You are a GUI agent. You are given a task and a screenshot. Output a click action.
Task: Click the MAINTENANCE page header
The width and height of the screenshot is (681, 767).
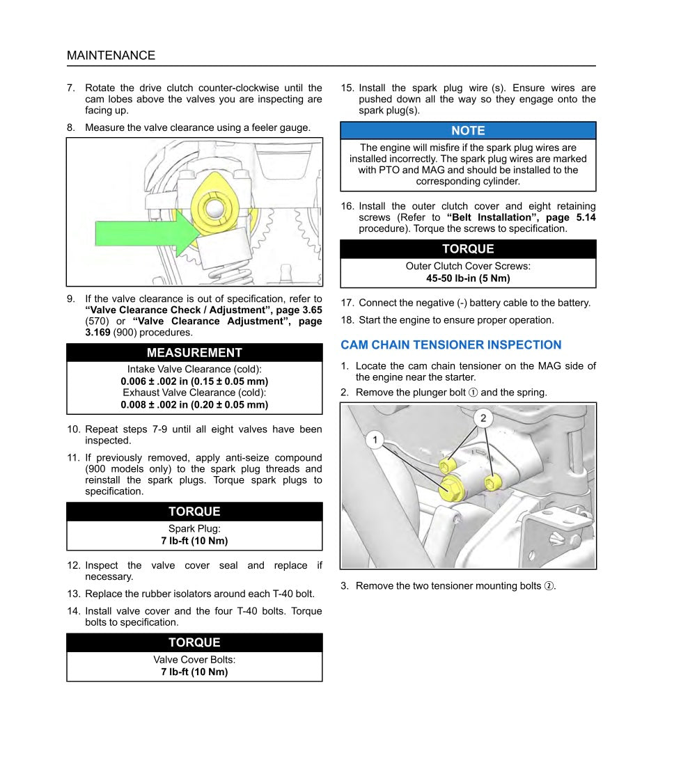[x=111, y=56]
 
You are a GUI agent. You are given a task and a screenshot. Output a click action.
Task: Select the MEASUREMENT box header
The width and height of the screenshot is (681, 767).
[x=194, y=353]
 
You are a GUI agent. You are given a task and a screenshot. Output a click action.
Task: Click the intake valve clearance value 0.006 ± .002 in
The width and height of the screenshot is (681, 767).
[x=194, y=381]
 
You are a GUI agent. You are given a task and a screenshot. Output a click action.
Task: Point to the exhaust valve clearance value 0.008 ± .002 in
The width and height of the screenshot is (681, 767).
[x=194, y=404]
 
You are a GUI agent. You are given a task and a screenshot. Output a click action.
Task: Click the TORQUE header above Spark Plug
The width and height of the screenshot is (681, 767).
[x=194, y=512]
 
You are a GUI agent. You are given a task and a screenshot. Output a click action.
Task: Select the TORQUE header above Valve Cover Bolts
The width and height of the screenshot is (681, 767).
[x=194, y=642]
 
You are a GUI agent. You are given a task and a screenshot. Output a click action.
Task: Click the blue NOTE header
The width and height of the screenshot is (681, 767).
[x=468, y=131]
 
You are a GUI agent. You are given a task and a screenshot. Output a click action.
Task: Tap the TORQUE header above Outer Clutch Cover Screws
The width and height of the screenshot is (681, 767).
[x=468, y=249]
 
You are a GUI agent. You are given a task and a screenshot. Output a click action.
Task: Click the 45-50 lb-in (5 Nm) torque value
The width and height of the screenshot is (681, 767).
[x=468, y=278]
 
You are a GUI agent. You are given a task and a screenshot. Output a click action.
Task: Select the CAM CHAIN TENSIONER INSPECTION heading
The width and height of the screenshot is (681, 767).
[x=451, y=345]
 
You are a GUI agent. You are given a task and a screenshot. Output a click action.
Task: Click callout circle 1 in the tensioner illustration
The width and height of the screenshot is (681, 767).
[x=375, y=440]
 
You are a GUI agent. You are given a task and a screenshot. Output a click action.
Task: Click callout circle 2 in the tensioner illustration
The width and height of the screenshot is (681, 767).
[x=483, y=418]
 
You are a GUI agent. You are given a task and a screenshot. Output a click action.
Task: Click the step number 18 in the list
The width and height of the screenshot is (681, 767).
[x=347, y=320]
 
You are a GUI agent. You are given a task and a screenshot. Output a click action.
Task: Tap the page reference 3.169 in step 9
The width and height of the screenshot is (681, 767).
[x=98, y=333]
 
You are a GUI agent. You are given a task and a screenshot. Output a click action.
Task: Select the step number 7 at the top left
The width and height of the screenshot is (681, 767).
[x=70, y=88]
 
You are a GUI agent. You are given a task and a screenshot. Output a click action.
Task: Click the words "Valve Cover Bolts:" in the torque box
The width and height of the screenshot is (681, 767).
[x=194, y=660]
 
